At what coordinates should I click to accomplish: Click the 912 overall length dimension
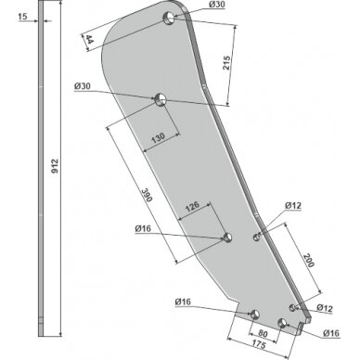55,166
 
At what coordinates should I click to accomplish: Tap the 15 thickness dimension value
22,17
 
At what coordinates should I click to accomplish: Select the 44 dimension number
89,39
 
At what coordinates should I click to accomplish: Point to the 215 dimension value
226,63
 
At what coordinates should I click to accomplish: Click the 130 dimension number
158,137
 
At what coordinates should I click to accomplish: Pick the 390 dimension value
148,195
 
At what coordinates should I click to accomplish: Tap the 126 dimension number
192,206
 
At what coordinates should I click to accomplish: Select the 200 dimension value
308,260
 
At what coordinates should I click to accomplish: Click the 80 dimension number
263,334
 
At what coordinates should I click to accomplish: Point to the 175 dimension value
258,344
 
